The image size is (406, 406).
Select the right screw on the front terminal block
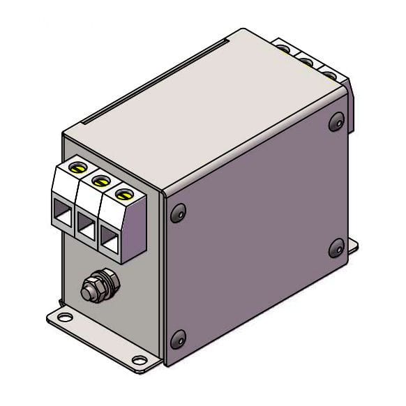(x=123, y=193)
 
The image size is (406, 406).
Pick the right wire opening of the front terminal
(x=110, y=239)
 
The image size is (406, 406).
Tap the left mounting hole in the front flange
(x=63, y=318)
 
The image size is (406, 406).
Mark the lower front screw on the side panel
(x=177, y=339)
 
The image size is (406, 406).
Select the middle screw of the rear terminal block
(x=306, y=61)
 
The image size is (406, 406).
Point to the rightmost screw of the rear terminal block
(x=326, y=73)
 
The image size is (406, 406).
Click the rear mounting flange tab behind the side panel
(x=353, y=244)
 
